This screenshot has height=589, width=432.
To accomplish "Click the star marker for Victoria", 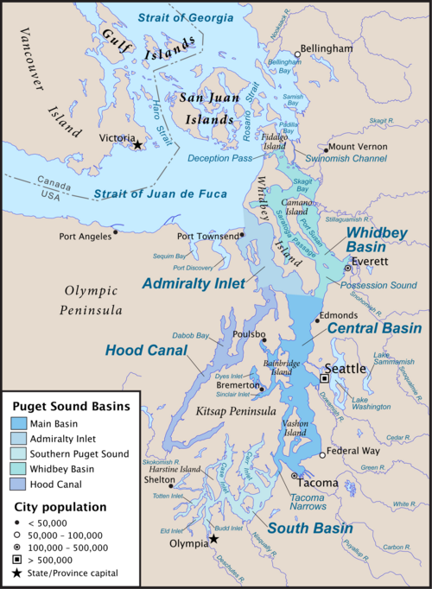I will pos(137,146).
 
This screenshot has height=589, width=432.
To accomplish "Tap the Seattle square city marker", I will pos(326,378).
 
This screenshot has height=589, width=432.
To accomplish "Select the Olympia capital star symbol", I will pos(214,539).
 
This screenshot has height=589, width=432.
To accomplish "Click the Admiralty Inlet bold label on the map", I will pos(191,282).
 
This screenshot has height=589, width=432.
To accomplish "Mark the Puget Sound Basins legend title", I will pos(70,405).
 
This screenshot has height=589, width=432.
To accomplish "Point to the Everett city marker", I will pos(347,269).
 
